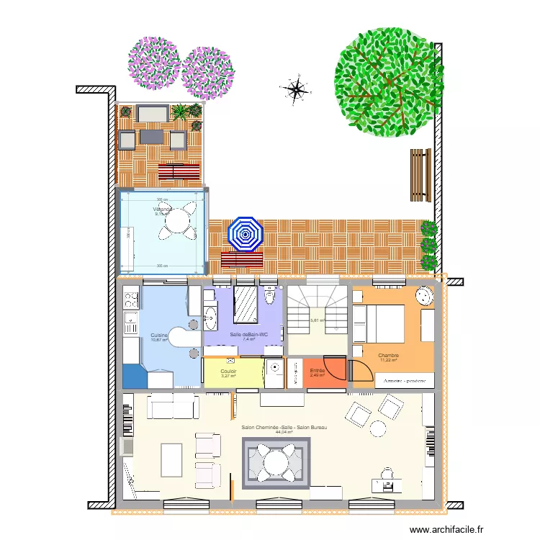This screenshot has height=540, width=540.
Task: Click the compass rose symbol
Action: pos(295,89)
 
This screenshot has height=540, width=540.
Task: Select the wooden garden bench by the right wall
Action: pos(419,174)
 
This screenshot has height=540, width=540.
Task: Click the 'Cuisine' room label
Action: pos(159,336)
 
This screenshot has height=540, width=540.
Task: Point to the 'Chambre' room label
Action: pos(388,355)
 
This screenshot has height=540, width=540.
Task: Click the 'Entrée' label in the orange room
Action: pos(318,370)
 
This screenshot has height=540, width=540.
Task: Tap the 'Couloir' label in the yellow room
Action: pos(229,371)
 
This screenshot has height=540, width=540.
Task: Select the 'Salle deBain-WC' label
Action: pos(248,335)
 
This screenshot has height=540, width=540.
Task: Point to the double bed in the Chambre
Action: pos(379,323)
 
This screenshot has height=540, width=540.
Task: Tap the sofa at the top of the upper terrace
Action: pos(151,114)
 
